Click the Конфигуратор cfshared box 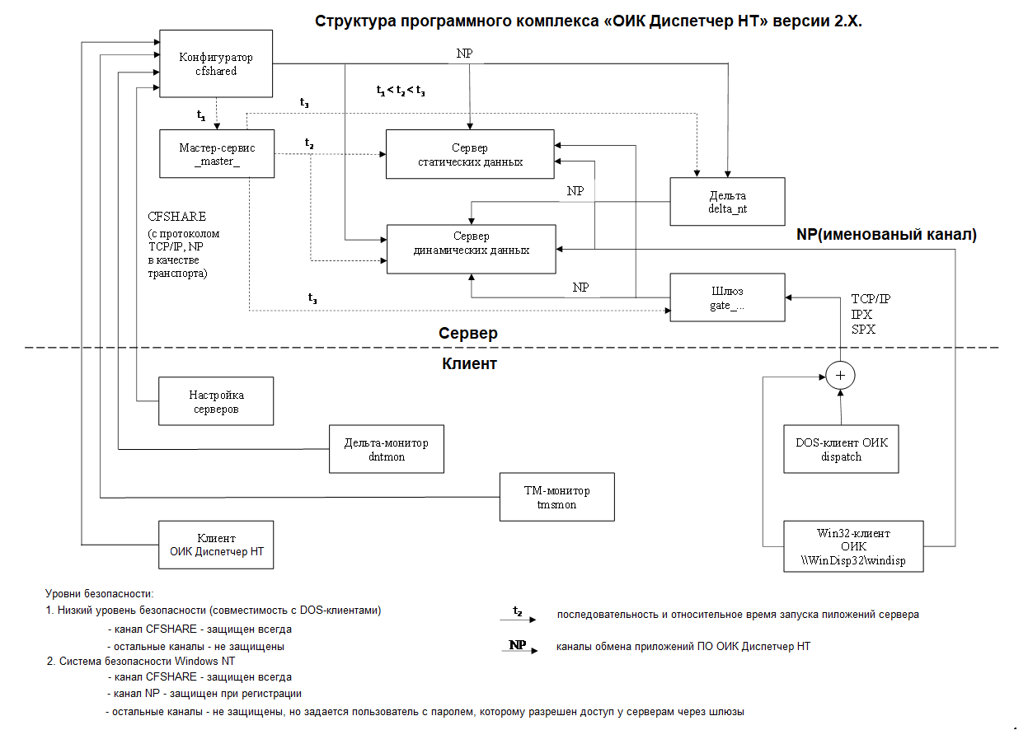216,64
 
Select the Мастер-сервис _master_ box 217,153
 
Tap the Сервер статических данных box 470,154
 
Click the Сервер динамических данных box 471,248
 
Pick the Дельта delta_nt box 727,202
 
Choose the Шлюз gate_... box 727,297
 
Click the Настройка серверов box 216,401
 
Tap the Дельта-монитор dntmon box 386,449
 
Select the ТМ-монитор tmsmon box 557,497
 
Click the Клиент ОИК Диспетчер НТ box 216,545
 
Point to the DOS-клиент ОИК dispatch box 841,449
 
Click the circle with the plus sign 841,376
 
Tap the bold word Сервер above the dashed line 467,334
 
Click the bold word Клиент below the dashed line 470,363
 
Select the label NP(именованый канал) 886,235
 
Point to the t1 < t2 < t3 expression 400,91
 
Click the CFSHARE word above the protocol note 176,217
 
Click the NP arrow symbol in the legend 518,647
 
